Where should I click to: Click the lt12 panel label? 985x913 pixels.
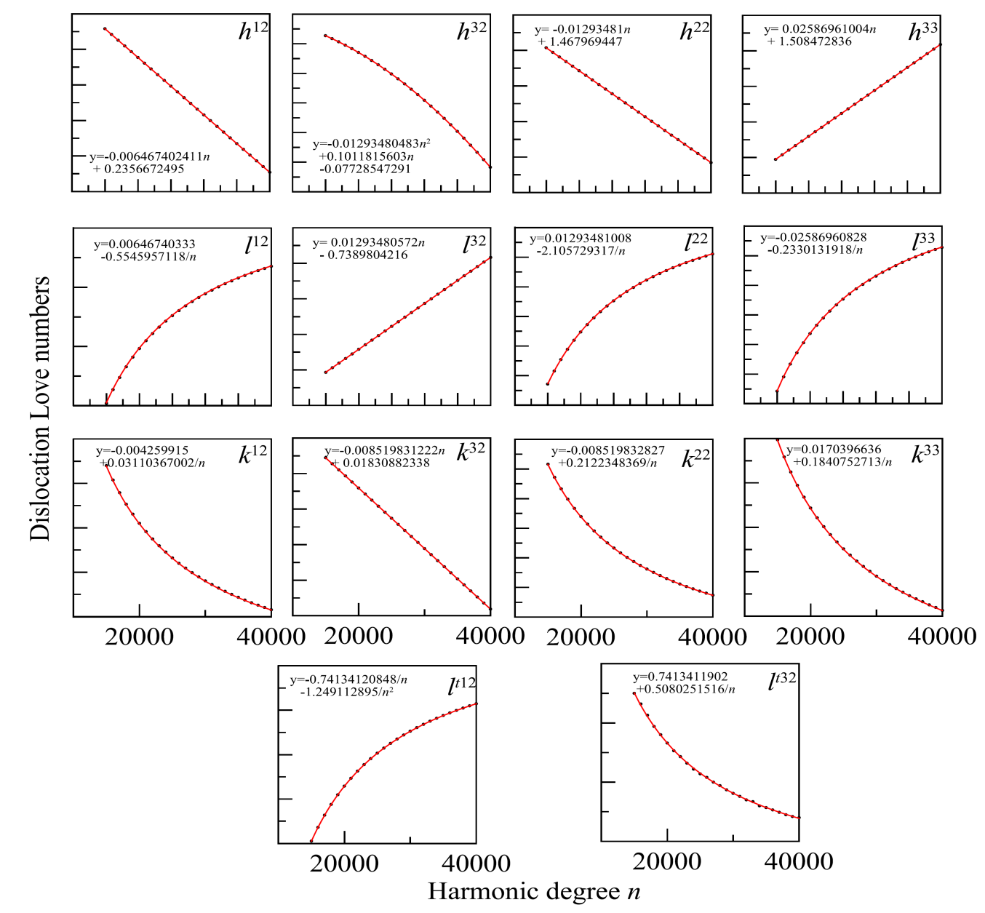point(462,685)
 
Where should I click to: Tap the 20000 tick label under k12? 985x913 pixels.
point(140,637)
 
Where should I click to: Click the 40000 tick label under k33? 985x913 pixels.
point(943,637)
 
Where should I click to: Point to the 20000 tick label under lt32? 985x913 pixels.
point(667,862)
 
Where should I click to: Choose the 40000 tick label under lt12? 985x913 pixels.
point(476,864)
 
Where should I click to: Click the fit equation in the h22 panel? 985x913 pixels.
point(582,36)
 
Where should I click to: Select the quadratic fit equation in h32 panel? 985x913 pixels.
point(372,156)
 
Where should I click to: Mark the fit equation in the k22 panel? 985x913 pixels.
point(608,457)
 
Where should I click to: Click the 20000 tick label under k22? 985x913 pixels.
point(581,637)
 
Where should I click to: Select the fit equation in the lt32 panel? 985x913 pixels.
point(684,683)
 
